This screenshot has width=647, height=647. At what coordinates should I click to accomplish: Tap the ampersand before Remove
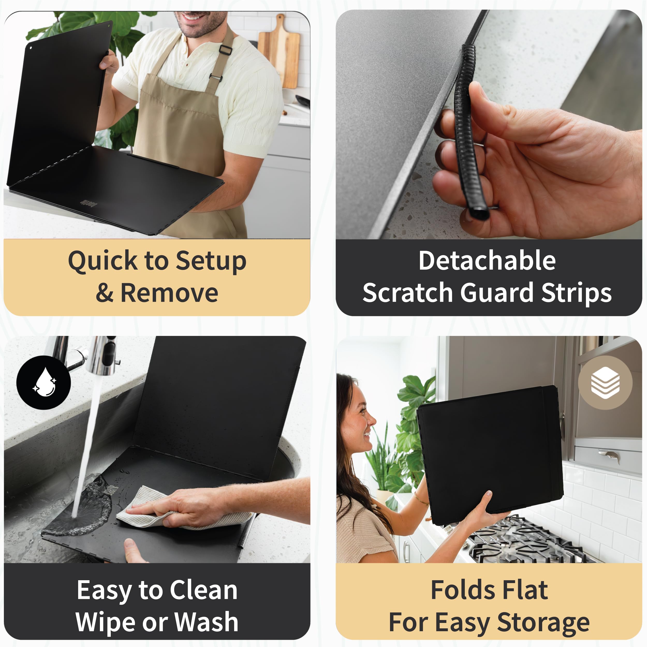pos(105,293)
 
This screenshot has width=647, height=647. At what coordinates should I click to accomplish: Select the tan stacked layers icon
pos(605,383)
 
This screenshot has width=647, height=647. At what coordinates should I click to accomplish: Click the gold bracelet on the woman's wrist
pos(421,498)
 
